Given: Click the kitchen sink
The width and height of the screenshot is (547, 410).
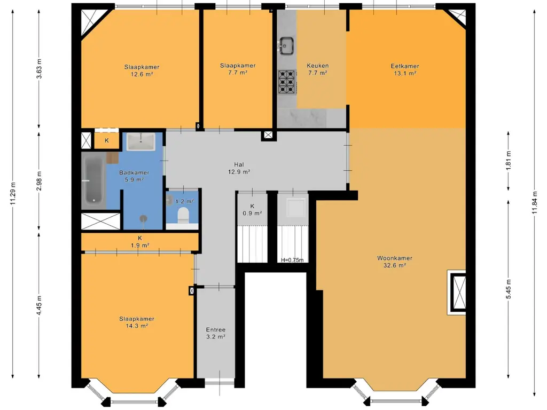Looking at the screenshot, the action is pos(286,46).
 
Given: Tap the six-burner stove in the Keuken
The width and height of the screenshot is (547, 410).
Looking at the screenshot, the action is pos(287,82).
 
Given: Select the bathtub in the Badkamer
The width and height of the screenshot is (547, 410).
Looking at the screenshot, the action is pos(93,182).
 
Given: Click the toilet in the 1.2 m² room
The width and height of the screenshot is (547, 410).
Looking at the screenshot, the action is pos(183,215).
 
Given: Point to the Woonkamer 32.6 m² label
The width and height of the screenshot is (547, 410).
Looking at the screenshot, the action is pos(395,262).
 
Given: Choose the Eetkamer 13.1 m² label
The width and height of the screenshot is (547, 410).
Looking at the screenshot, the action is pos(405,70).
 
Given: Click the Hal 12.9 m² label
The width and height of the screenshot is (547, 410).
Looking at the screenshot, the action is pos(239,168).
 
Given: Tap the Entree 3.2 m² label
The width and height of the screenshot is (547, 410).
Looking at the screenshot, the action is pos(216,333).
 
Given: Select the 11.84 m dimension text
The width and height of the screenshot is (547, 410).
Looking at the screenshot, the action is pos(534,204).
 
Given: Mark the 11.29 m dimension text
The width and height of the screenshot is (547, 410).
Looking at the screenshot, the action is pos(13,194).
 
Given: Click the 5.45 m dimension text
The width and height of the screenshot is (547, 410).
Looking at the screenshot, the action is pos(509,289).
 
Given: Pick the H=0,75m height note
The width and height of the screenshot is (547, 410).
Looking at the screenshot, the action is pos(292,260).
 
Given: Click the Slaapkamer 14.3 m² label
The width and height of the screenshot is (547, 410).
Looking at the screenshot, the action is pos(137,322).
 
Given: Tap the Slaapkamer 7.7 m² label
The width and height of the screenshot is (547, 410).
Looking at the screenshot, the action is pos(238,69).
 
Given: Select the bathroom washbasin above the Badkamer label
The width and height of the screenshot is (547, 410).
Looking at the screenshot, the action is pos(140,141).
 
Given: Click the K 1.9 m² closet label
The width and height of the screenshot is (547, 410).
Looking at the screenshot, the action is pos(140,242).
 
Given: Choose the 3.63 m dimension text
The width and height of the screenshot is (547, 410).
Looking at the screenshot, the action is pos(39,69).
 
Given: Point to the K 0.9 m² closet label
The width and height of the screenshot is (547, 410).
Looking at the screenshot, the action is pos(252,209).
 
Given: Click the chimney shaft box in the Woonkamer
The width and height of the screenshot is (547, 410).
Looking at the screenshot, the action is pos(458,293).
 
